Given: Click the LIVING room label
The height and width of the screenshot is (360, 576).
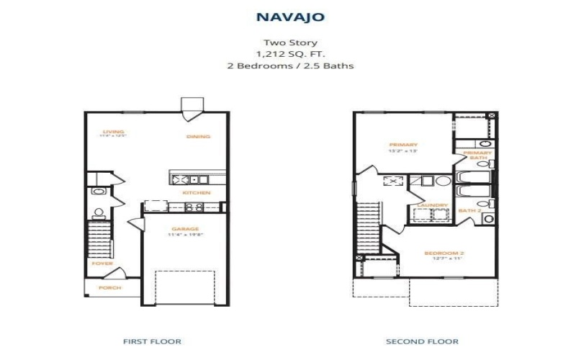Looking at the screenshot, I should click(x=113, y=132).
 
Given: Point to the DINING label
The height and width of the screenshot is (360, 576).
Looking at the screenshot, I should click(x=198, y=137).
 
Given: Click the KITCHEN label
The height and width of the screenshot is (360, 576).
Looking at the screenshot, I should click(x=196, y=193).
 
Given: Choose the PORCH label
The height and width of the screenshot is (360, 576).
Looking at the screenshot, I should click(x=110, y=288).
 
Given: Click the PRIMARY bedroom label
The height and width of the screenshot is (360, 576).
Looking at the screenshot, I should click(x=403, y=145).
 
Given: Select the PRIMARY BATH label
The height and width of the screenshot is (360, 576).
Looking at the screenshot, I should click(x=477, y=155).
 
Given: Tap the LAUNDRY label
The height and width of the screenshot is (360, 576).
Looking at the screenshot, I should click(x=428, y=205).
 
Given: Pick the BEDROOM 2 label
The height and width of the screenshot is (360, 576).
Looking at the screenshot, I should click(x=444, y=253).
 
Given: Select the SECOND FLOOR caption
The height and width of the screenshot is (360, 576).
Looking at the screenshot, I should click(x=423, y=341).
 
